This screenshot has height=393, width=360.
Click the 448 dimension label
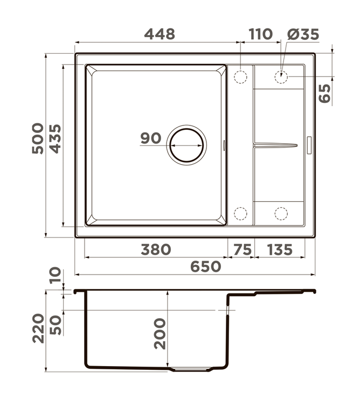(160, 34)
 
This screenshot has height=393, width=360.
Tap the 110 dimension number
(260, 34)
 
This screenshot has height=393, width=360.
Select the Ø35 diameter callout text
(303, 34)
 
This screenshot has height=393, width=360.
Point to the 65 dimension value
(324, 93)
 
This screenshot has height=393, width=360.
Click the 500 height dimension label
(38, 138)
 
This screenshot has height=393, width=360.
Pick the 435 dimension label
(55, 138)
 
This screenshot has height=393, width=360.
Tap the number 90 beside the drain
(150, 138)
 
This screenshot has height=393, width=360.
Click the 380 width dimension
(156, 250)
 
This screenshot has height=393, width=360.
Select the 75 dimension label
(243, 250)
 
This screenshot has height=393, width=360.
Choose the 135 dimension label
(280, 250)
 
